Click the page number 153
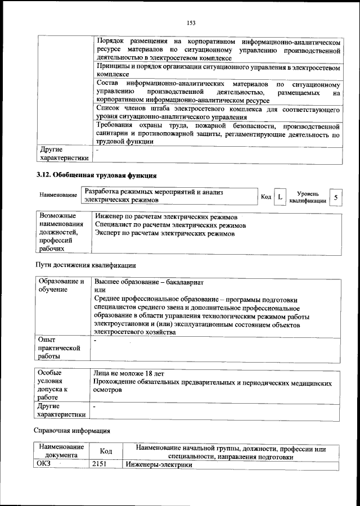(191, 22)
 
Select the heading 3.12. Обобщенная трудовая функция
(96, 175)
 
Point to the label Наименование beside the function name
(58, 195)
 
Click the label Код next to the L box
(266, 197)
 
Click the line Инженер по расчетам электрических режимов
(166, 216)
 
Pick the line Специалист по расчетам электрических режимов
(170, 225)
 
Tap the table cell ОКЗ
(44, 465)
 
